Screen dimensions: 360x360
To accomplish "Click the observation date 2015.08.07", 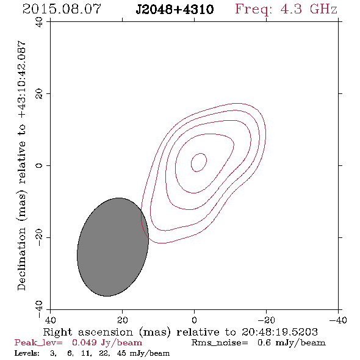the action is click(x=62, y=9).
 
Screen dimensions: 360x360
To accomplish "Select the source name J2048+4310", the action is click(x=175, y=9).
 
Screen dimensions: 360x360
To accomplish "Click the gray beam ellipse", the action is click(x=113, y=247).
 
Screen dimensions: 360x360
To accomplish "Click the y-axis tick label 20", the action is click(x=39, y=94).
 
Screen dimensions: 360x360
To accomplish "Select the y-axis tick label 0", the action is click(x=39, y=165).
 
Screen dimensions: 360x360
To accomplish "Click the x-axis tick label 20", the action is click(x=123, y=320).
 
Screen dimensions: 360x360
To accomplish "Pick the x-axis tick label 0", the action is click(x=194, y=320).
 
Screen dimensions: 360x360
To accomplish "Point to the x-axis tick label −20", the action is click(x=266, y=320).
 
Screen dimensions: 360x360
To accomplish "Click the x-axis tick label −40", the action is click(x=338, y=320).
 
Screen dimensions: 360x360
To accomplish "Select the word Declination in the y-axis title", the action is click(x=21, y=259).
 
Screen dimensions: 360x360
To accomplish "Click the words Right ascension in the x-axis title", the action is click(x=88, y=332).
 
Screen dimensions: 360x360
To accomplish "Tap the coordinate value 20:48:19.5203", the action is click(x=279, y=332).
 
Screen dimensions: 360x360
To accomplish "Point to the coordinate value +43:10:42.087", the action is click(x=22, y=79).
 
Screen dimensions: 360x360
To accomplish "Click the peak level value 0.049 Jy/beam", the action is click(x=107, y=343).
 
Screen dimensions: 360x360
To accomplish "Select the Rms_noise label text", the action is click(x=220, y=343).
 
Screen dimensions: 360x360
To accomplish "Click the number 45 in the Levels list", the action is click(x=121, y=353).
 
